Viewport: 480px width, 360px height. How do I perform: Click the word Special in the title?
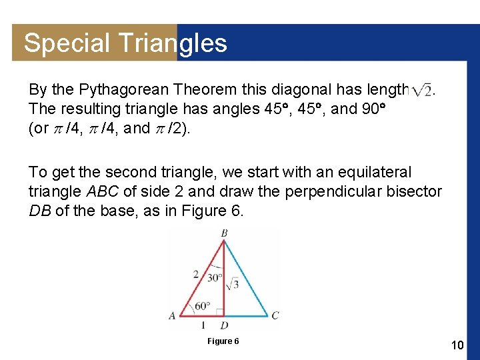pos(66,43)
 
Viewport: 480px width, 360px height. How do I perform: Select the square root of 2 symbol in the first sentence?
pos(423,90)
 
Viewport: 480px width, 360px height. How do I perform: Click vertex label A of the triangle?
pos(172,315)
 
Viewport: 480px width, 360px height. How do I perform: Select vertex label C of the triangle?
pos(275,315)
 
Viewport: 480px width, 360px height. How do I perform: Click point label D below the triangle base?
pos(224,325)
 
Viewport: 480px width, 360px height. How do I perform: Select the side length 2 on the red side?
pos(195,274)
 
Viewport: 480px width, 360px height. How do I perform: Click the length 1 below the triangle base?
pos(203,325)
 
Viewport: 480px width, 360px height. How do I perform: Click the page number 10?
pos(457,345)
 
